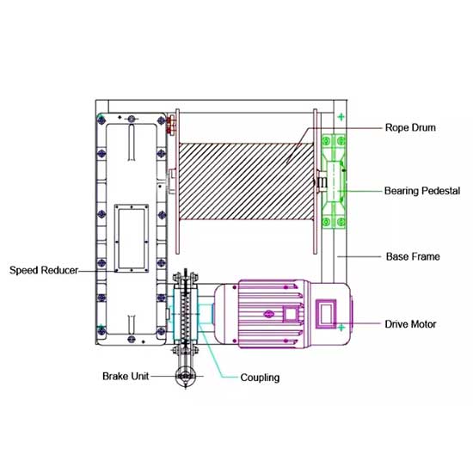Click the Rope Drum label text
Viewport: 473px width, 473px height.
click(x=410, y=127)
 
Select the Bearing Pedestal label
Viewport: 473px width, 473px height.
click(x=422, y=191)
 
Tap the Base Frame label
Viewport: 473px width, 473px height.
click(x=413, y=257)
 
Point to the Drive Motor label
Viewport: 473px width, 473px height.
click(x=410, y=324)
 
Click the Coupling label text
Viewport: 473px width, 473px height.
click(x=260, y=378)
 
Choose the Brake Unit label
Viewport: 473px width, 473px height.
click(x=126, y=376)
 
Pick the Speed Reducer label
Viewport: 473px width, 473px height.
click(x=44, y=270)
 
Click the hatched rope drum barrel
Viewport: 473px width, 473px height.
click(x=246, y=181)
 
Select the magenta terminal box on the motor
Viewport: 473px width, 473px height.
click(x=326, y=314)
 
